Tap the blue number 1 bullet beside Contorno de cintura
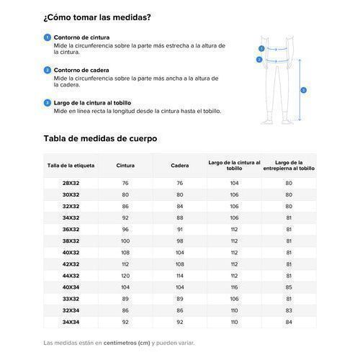point(47,37)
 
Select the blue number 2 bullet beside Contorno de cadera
point(47,70)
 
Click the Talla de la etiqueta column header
point(71,166)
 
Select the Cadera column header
point(180,166)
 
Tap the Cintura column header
point(125,166)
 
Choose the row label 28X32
point(71,184)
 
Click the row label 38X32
point(71,240)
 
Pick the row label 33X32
point(71,298)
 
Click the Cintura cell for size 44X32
point(125,275)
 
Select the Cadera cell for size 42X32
point(180,264)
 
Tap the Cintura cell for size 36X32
point(125,229)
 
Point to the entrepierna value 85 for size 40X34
point(289,287)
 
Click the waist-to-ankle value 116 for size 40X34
point(234,287)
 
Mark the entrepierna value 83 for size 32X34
point(289,310)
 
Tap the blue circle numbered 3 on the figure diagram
point(304,90)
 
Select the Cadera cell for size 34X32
point(180,217)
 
